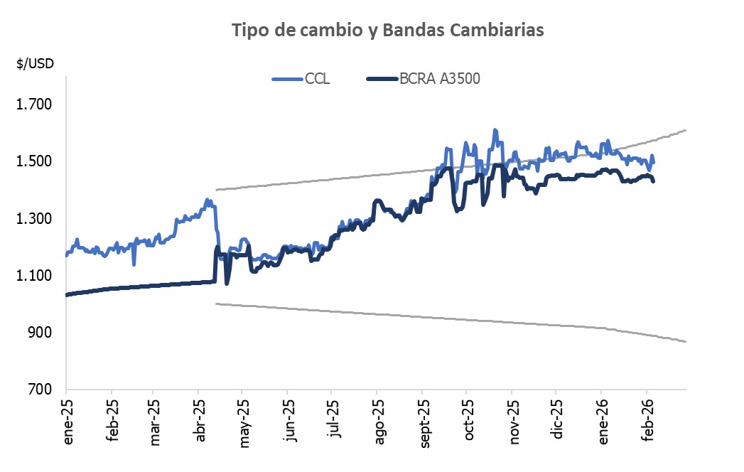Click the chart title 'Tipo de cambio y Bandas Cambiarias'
[388, 30]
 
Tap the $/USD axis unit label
[36, 63]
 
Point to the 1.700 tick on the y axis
[35, 104]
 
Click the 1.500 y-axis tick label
[35, 161]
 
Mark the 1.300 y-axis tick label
[35, 218]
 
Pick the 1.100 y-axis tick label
[35, 275]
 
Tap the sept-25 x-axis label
[425, 424]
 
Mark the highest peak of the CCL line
[495, 130]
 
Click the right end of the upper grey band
[685, 130]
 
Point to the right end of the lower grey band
[685, 342]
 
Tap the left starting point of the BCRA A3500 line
[66, 294]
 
